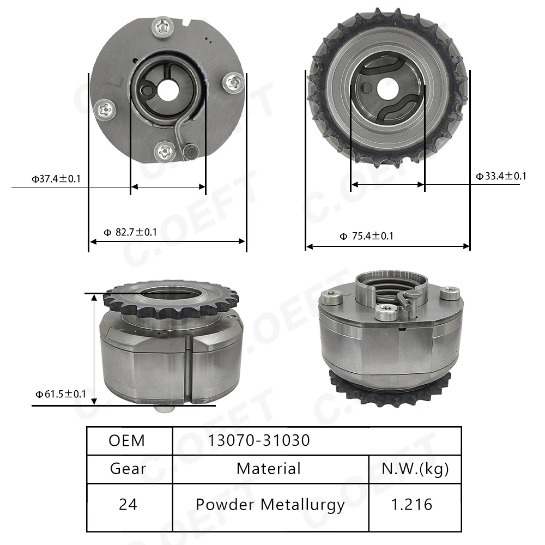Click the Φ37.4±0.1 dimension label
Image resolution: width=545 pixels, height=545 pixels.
[x=56, y=178]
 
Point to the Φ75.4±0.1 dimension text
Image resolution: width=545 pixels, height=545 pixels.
[x=366, y=236]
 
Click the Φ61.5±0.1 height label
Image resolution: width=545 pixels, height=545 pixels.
[x=60, y=394]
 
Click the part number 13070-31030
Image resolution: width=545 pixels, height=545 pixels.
[x=259, y=440]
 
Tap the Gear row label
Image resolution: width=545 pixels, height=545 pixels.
[x=128, y=468]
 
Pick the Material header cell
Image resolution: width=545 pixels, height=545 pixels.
[x=269, y=468]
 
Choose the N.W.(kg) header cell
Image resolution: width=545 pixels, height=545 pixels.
[x=415, y=468]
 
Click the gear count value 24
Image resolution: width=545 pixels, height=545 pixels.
[x=128, y=504]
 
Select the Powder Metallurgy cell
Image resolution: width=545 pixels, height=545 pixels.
[x=270, y=504]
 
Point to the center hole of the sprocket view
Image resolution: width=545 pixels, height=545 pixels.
[x=387, y=88]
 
